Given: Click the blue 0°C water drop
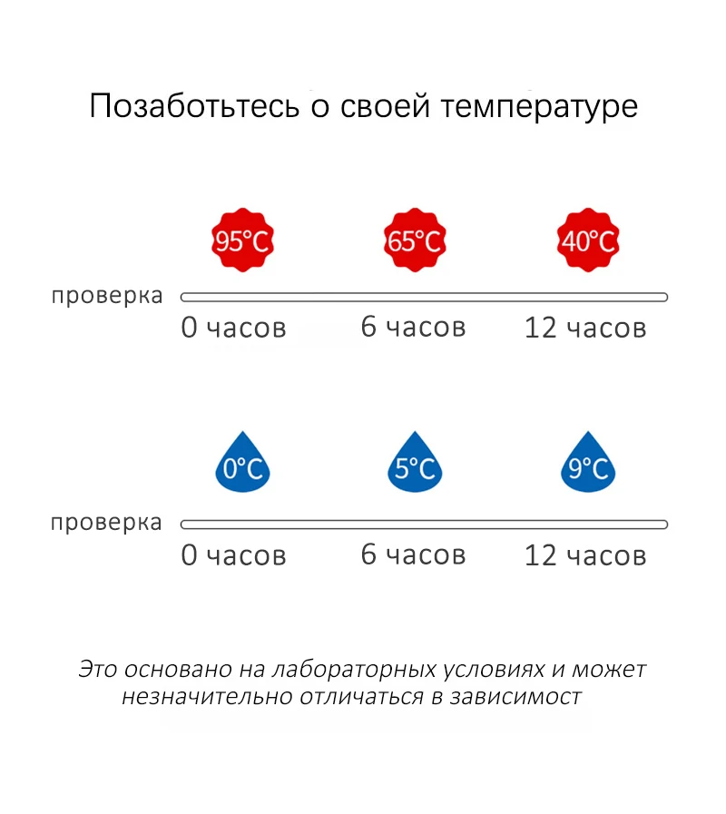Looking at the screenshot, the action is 242,466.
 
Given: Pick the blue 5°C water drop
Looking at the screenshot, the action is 414,466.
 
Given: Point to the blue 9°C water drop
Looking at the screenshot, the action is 587,466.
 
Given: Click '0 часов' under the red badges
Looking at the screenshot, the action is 233,328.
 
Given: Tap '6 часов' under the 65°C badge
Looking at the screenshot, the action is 413,327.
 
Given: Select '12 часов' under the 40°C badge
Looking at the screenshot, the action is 585,328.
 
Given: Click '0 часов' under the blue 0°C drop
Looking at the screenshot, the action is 233,554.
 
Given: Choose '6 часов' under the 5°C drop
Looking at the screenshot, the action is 413,554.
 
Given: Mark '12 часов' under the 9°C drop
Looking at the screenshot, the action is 585,554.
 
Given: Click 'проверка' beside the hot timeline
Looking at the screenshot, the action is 107,297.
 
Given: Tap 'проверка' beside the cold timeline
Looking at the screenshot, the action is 107,524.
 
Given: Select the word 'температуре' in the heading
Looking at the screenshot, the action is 539,107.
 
